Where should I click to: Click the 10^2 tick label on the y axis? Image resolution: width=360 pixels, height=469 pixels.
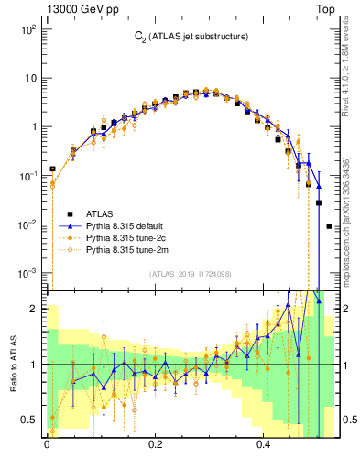tap(27, 29)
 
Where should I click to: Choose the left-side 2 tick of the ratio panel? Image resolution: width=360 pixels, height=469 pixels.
tap(33, 309)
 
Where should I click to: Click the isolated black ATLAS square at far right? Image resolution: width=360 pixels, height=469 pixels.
tap(329, 225)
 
